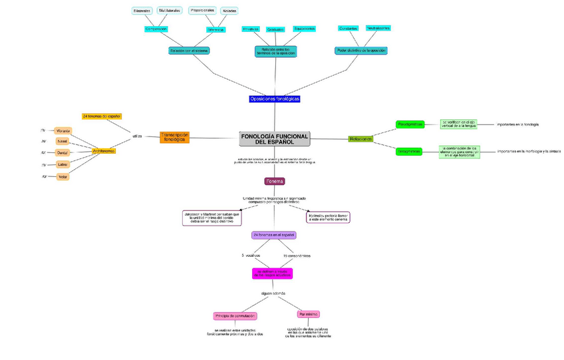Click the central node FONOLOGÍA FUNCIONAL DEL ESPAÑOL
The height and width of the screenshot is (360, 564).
[x=274, y=139]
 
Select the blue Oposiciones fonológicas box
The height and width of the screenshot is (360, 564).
[x=275, y=98]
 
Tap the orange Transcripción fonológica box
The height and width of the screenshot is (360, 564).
[x=176, y=138]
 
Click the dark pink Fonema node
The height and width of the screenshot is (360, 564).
[x=274, y=181]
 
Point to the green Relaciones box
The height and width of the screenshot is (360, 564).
[x=360, y=138]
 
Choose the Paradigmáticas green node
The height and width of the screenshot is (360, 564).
[x=410, y=124]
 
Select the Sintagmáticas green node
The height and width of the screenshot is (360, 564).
[x=410, y=151]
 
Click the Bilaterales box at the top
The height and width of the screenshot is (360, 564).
[x=142, y=11]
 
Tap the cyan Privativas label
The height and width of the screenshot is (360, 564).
[x=251, y=29]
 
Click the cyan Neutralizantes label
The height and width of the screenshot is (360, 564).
[x=378, y=28]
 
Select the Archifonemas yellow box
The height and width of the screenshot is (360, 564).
[x=103, y=151]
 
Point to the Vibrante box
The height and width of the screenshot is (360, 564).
[x=63, y=130]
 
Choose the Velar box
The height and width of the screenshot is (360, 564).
[x=63, y=176]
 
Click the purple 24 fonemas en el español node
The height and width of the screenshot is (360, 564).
[x=273, y=235]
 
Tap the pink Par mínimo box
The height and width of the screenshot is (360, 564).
[x=309, y=314]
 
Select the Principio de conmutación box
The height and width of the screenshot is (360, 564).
[x=235, y=315]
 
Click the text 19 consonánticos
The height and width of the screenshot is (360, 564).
[x=296, y=256]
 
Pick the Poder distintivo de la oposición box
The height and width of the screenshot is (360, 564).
[x=361, y=51]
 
